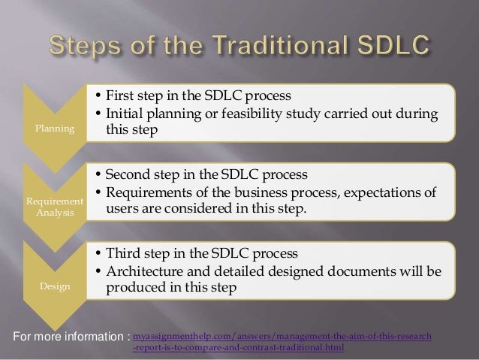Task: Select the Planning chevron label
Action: click(51, 129)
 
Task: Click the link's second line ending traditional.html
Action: click(239, 348)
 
